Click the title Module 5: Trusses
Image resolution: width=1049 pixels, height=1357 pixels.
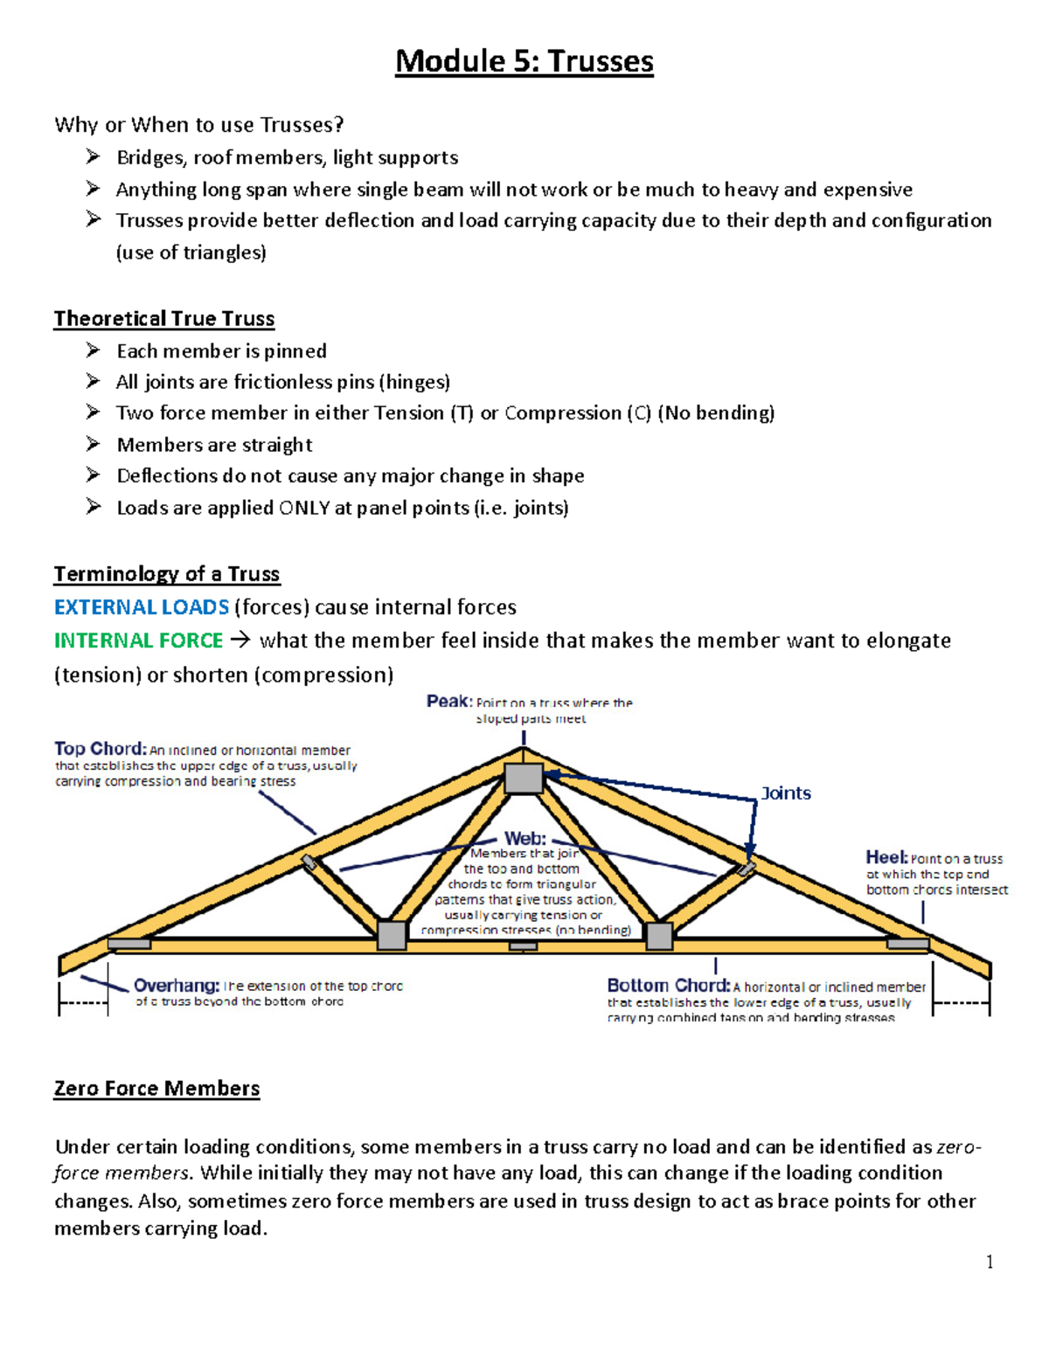524,61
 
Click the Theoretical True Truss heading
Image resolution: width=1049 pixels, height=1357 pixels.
164,319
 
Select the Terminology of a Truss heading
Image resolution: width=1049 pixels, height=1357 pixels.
167,574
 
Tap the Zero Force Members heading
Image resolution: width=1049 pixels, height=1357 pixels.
156,1089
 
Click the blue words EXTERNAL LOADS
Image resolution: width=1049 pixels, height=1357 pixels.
142,607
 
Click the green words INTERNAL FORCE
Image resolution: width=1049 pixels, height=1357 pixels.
138,640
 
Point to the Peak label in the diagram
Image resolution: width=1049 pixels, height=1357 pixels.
448,701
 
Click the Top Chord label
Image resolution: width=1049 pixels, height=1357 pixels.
99,749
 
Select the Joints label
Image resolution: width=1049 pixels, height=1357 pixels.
786,793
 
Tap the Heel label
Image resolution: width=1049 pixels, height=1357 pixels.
886,857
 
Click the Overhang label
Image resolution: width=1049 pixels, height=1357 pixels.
176,986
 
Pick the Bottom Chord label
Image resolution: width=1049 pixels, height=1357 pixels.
668,986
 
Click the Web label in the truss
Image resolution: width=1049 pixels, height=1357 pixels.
524,839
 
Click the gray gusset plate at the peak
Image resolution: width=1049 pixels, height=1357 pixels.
524,777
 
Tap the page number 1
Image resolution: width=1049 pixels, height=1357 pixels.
989,1262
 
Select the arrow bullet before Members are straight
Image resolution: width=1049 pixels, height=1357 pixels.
94,445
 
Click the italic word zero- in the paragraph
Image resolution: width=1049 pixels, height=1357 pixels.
958,1146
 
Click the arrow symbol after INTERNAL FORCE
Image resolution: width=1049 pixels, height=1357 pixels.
240,640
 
